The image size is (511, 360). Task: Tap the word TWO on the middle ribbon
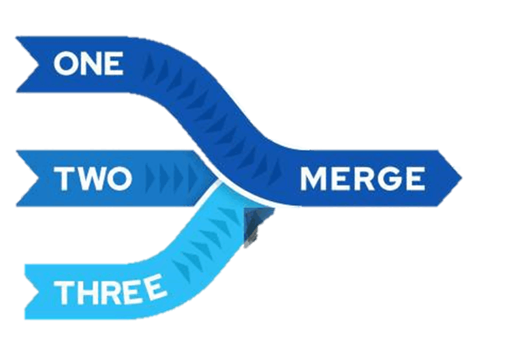(x=93, y=179)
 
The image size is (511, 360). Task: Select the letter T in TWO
(x=64, y=179)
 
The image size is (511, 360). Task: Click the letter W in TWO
(x=90, y=179)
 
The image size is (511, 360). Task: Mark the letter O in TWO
(x=119, y=179)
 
